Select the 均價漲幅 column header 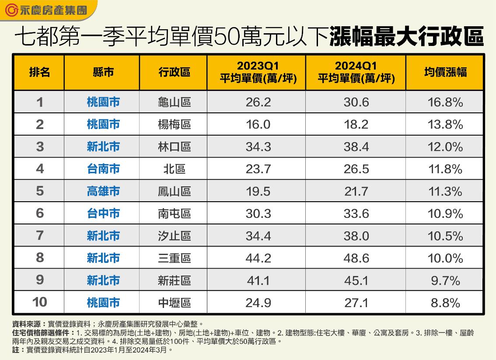point(445,72)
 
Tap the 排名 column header point(39,72)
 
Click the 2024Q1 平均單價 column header point(356,72)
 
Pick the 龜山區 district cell point(174,102)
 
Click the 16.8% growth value point(445,102)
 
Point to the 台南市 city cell point(103,169)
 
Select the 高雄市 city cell point(103,191)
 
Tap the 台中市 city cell point(103,213)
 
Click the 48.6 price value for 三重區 point(356,258)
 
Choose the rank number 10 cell point(39,302)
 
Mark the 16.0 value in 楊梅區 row point(258,125)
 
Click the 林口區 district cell point(174,147)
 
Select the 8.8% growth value point(445,302)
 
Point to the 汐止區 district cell point(174,236)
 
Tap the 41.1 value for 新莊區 point(258,280)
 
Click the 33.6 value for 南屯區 point(356,213)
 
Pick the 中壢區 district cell point(174,302)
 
